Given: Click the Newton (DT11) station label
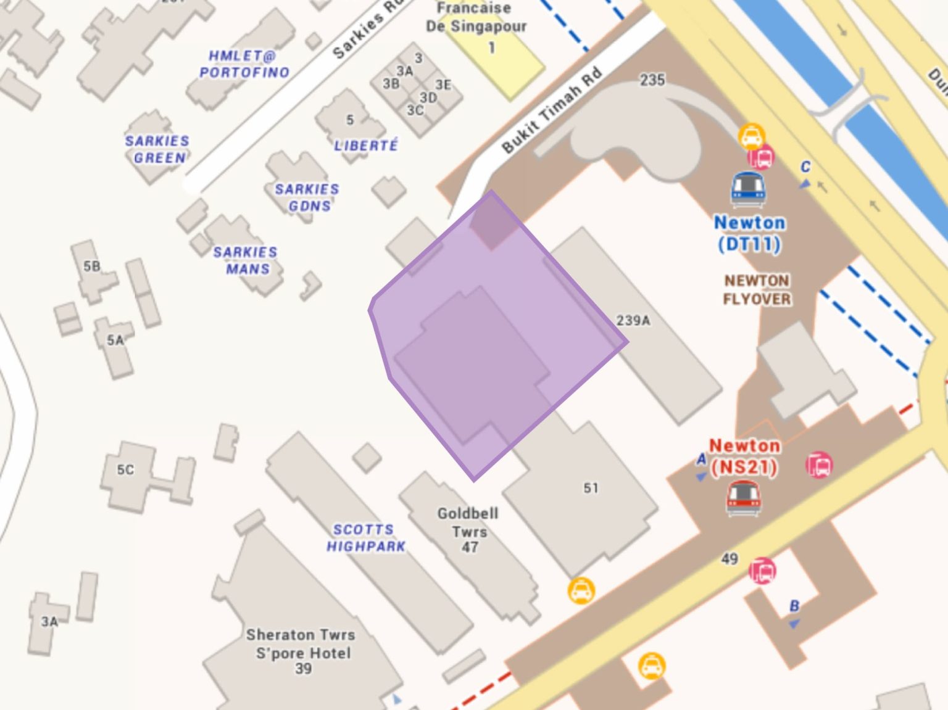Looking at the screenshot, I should pyautogui.click(x=749, y=233).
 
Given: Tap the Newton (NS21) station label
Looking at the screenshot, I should pyautogui.click(x=744, y=456).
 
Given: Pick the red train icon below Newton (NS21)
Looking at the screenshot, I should pyautogui.click(x=744, y=497).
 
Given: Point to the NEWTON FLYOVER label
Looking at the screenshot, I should pyautogui.click(x=757, y=289).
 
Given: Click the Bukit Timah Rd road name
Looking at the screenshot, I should pyautogui.click(x=551, y=110).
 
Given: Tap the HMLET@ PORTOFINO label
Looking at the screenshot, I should pyautogui.click(x=244, y=64).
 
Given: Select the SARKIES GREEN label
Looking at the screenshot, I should pyautogui.click(x=157, y=149).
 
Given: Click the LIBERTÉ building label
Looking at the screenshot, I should pyautogui.click(x=366, y=146).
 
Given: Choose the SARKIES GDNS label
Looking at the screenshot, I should pyautogui.click(x=307, y=197).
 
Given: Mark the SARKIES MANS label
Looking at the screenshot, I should pyautogui.click(x=245, y=260).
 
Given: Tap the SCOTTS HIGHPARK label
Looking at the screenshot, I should pyautogui.click(x=365, y=538).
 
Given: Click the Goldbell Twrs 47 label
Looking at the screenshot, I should pyautogui.click(x=468, y=529).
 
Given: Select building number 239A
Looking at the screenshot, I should pyautogui.click(x=633, y=321).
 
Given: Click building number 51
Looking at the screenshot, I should pyautogui.click(x=591, y=488).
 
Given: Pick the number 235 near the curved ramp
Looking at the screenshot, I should pyautogui.click(x=652, y=80).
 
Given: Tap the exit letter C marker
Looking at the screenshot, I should pyautogui.click(x=805, y=168).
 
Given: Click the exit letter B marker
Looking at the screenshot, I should pyautogui.click(x=794, y=607).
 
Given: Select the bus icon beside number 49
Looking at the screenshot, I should pyautogui.click(x=763, y=571).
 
